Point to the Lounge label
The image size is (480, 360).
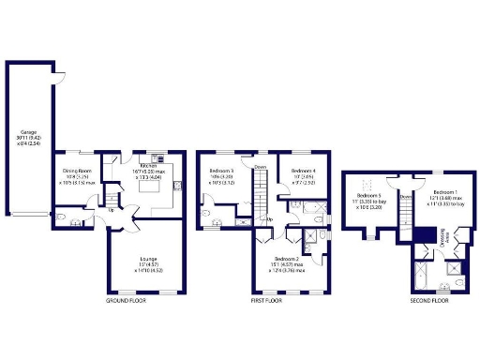pos(148,262)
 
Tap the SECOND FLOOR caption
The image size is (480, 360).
pos(428,301)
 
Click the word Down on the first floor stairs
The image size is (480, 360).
pos(260,167)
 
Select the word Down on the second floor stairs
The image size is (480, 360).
pos(405,199)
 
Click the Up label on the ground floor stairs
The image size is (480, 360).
pos(113,210)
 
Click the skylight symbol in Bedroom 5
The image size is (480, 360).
pos(367,181)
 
